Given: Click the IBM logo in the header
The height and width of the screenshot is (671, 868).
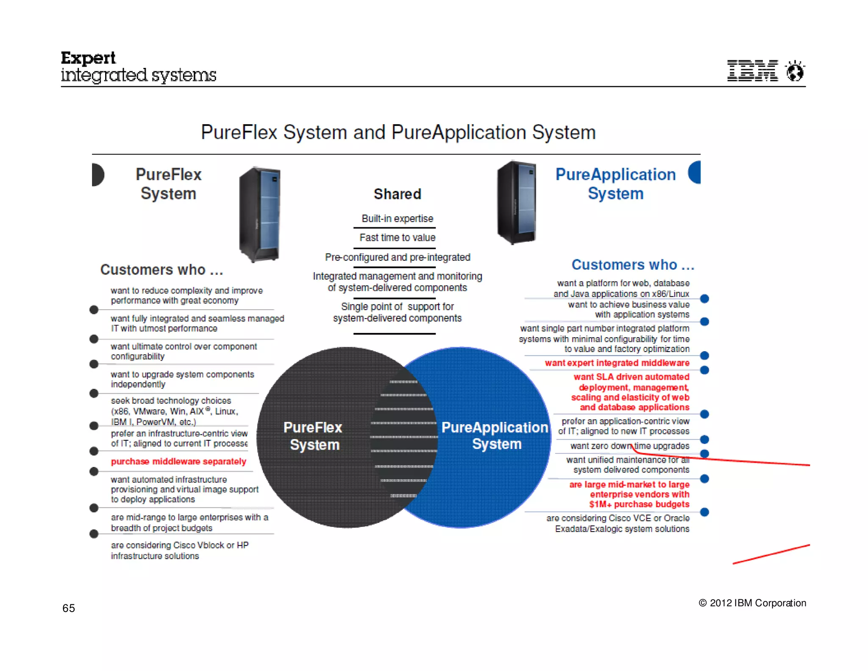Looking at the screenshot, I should (752, 70).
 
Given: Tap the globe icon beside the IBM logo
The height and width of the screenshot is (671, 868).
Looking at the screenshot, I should (795, 70).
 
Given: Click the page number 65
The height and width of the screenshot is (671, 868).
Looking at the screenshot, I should (69, 608).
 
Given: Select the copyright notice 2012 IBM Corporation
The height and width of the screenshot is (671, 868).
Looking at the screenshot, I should (752, 603).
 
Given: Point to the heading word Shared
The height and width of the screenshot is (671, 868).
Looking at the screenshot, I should (398, 194).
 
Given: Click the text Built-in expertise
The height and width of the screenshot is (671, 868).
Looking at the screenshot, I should (398, 218).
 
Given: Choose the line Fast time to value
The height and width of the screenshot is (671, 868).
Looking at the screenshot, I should (398, 238).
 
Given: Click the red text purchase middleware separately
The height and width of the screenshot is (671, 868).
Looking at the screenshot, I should (178, 461).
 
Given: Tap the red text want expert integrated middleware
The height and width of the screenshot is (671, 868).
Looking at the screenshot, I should (617, 363).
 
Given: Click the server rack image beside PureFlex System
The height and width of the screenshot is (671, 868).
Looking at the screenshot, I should (260, 214).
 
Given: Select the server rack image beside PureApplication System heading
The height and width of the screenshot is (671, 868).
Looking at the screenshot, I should (517, 202).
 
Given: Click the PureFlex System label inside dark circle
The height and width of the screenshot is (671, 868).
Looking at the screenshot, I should (313, 436).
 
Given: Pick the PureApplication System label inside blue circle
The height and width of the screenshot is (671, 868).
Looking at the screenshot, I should (495, 436).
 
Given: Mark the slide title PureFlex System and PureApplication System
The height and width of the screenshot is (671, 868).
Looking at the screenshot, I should (398, 132).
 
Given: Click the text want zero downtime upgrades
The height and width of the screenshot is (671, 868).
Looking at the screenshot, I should (630, 446).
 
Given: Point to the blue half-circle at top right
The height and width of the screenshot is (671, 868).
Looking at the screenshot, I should (695, 173).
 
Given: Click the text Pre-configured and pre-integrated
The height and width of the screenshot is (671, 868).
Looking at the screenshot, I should (398, 257).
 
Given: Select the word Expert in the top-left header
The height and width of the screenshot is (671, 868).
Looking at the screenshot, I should (88, 58).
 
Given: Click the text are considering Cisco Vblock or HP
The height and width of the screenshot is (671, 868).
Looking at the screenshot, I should (180, 545).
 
